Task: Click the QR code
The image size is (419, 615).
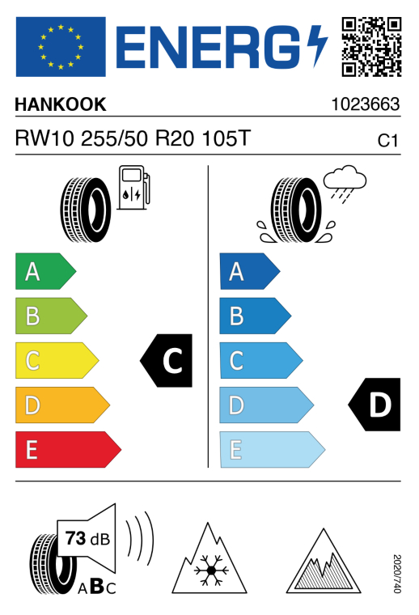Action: pyautogui.click(x=371, y=47)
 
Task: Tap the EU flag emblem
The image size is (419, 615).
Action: pyautogui.click(x=61, y=47)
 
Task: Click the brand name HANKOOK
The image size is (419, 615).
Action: pyautogui.click(x=61, y=104)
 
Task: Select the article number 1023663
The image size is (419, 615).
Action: pyautogui.click(x=366, y=104)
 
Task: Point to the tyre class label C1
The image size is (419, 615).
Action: pyautogui.click(x=387, y=141)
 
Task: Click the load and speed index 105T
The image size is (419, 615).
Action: pyautogui.click(x=226, y=138)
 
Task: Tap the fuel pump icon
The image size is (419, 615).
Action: pyautogui.click(x=133, y=187)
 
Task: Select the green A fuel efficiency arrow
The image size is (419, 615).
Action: pyautogui.click(x=46, y=271)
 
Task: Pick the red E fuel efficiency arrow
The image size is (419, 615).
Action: pyautogui.click(x=68, y=449)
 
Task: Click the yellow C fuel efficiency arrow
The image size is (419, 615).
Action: pyautogui.click(x=57, y=360)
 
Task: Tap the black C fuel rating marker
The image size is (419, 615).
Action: pyautogui.click(x=166, y=360)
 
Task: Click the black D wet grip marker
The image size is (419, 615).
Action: pyautogui.click(x=375, y=405)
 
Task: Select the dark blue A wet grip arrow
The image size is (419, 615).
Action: pyautogui.click(x=250, y=271)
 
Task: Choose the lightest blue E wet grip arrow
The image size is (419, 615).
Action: pyautogui.click(x=273, y=449)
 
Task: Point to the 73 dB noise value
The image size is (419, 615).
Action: pyautogui.click(x=88, y=538)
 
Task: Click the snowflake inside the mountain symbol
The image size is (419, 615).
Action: pyautogui.click(x=211, y=570)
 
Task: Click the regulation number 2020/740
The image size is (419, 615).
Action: pyautogui.click(x=396, y=574)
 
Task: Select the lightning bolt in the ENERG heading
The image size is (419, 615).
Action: pyautogui.click(x=317, y=46)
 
